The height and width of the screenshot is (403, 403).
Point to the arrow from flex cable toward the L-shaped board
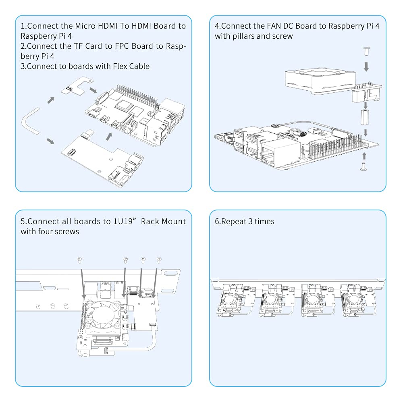[x=50, y=100]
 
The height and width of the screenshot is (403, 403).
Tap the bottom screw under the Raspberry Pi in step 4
[x=364, y=166]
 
